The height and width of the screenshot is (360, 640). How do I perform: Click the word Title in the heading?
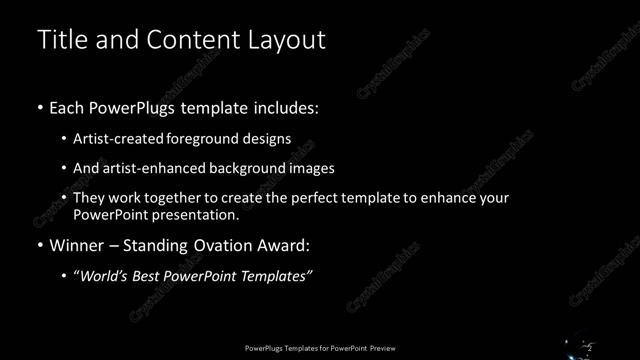click(60, 40)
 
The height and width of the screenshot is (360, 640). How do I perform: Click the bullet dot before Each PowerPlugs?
click(40, 107)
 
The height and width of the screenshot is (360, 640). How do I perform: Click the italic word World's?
click(102, 276)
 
